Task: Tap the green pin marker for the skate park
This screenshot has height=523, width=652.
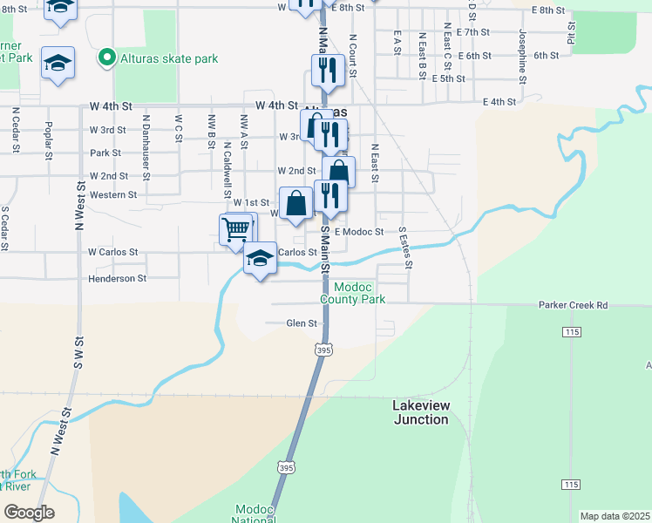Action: [x=107, y=58]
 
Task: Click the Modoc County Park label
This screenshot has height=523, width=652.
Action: [x=352, y=293]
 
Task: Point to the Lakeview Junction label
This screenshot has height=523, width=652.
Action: [x=420, y=412]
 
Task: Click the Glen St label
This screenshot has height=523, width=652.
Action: [x=301, y=323]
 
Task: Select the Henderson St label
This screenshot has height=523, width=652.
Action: [x=117, y=278]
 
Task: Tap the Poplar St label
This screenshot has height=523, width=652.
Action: [x=49, y=136]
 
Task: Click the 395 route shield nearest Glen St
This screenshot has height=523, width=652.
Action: [x=323, y=350]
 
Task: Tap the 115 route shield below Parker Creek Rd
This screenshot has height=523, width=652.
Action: [x=571, y=333]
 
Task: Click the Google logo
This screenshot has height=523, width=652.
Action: [x=29, y=513]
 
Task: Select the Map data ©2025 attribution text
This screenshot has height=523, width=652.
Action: [x=615, y=516]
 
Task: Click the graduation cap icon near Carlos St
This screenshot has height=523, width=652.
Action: [x=260, y=258]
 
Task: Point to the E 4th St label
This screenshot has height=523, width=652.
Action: [x=500, y=102]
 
